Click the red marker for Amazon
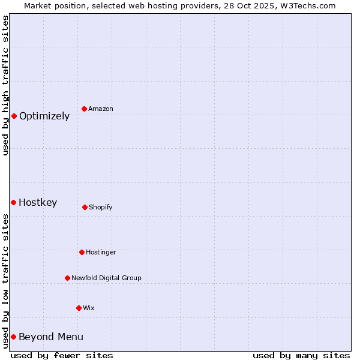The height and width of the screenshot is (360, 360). click(84, 109)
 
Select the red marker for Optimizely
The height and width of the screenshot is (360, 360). click(14, 116)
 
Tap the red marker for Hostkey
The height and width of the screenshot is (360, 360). click(13, 202)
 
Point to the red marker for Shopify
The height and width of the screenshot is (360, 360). click(85, 207)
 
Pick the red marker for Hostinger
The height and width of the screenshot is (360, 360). click(82, 252)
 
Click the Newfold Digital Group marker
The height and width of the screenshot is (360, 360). click(67, 278)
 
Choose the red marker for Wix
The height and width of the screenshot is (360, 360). click(79, 308)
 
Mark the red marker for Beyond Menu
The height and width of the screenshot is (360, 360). click(13, 337)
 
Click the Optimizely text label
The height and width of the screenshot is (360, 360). click(44, 116)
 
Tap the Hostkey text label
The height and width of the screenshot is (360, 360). click(38, 203)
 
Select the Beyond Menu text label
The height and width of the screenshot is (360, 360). click(51, 337)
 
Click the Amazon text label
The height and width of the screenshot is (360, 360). click(101, 109)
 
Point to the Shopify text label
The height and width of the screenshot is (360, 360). click(101, 208)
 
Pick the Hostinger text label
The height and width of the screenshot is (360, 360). click(101, 253)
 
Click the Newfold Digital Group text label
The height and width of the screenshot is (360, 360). click(106, 278)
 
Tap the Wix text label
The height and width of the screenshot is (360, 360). click(89, 308)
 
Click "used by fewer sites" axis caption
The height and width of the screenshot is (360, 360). click(62, 355)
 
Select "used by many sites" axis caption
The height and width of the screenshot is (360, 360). click(301, 355)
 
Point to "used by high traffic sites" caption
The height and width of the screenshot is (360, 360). click(5, 85)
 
